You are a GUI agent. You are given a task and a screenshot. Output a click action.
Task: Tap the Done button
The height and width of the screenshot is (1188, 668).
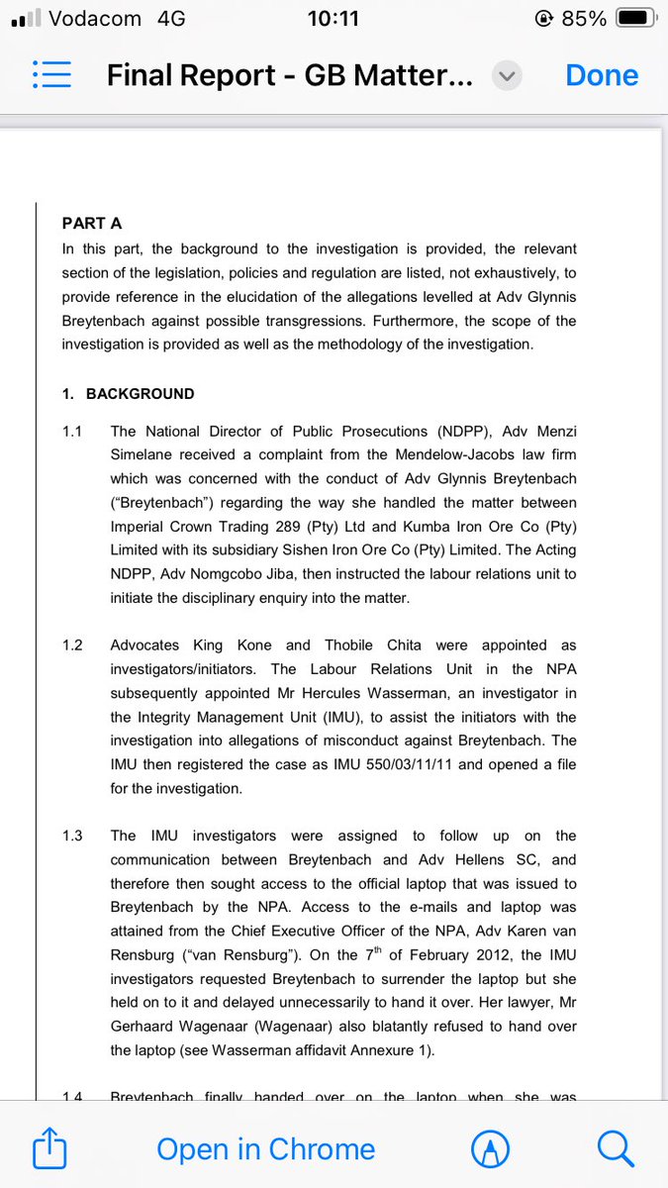click(x=602, y=75)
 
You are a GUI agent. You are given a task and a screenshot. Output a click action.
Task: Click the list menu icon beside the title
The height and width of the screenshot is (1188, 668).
click(x=51, y=75)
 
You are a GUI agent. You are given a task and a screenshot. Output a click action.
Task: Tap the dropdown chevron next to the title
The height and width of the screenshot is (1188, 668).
click(x=507, y=76)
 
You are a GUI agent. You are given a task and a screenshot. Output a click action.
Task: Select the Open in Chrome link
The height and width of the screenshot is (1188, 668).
click(x=266, y=1148)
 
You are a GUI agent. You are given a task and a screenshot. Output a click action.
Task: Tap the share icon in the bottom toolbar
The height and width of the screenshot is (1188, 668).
click(x=49, y=1148)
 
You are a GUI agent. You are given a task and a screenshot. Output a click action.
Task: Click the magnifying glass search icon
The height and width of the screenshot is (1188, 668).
click(x=615, y=1148)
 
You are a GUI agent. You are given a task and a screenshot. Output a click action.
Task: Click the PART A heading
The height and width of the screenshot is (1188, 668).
click(x=92, y=224)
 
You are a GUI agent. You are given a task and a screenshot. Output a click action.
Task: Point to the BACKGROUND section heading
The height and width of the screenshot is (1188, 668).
click(x=140, y=394)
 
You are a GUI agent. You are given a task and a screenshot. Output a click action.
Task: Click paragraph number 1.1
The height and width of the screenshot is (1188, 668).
click(x=73, y=432)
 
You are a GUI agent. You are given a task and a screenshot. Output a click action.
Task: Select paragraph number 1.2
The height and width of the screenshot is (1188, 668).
click(x=73, y=644)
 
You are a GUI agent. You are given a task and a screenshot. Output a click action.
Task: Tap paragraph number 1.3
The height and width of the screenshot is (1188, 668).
click(x=73, y=836)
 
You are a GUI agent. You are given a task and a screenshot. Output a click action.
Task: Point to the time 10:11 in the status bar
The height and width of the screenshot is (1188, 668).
click(x=334, y=18)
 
